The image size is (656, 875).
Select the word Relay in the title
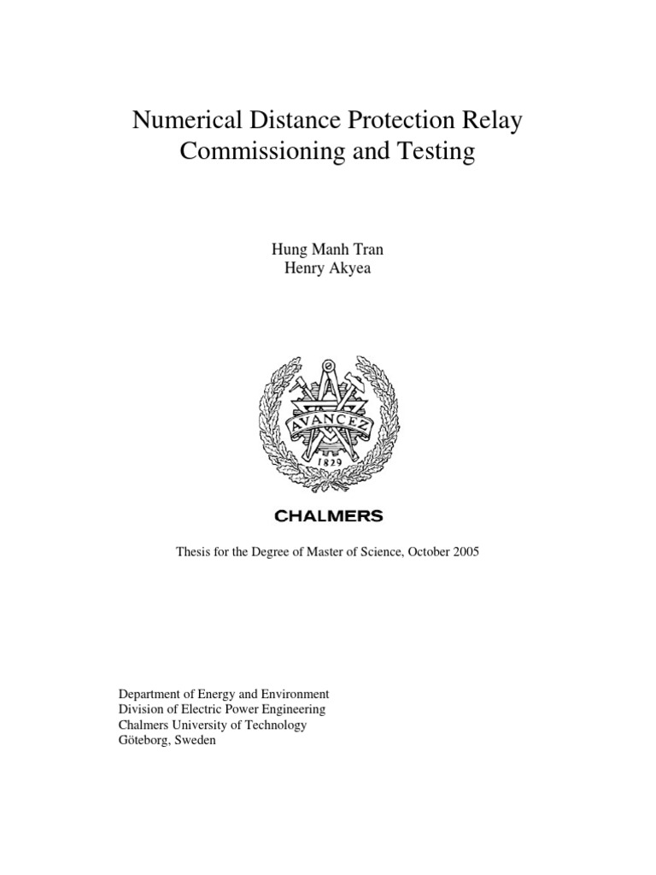[489, 122]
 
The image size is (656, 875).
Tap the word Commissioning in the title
[255, 153]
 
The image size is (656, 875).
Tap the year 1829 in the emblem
[328, 461]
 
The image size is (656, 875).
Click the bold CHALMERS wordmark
[328, 516]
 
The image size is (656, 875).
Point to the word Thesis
[194, 552]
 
